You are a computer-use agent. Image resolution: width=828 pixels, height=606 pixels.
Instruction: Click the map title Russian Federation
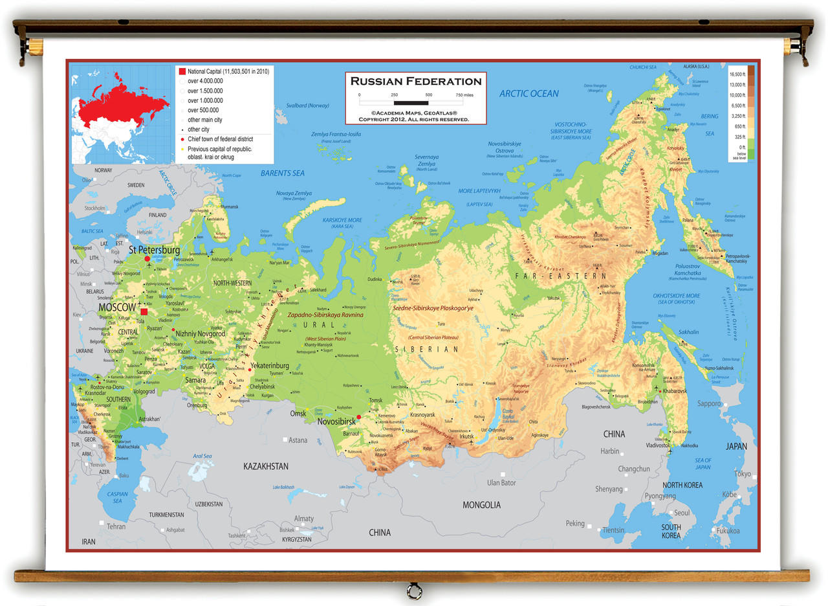416,82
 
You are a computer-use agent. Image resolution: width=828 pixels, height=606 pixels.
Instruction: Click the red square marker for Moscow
144,311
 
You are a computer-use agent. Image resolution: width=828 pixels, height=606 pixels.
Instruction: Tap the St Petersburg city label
154,250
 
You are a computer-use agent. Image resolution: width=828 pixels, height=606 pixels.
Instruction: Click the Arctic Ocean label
528,93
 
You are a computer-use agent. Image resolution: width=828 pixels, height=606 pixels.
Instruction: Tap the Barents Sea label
282,174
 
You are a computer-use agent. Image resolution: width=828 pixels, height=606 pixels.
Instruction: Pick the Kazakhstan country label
266,466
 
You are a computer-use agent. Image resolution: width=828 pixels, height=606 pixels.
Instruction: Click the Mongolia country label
481,505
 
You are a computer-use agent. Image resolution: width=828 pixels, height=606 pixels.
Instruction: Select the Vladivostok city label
658,445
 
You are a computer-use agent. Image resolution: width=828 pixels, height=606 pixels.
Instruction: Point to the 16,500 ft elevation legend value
737,75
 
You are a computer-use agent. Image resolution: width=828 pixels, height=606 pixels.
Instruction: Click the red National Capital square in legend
182,71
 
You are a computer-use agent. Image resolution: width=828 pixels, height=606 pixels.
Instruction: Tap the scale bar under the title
411,102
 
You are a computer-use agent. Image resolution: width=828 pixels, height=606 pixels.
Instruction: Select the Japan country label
736,446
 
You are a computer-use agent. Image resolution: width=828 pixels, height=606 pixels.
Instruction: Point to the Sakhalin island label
688,332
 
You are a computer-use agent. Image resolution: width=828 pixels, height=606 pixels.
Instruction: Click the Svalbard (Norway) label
308,106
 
